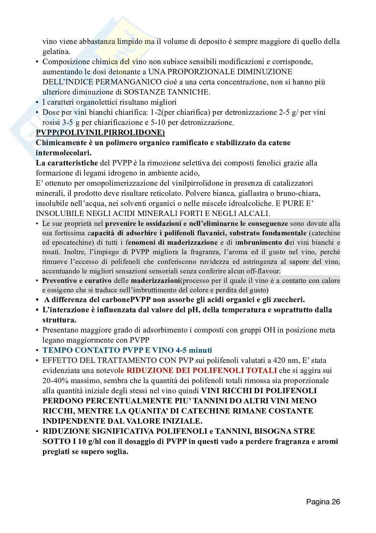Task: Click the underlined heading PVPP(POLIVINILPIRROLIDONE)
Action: pos(100,132)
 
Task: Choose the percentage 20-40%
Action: pos(56,380)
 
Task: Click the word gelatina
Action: pos(56,52)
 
